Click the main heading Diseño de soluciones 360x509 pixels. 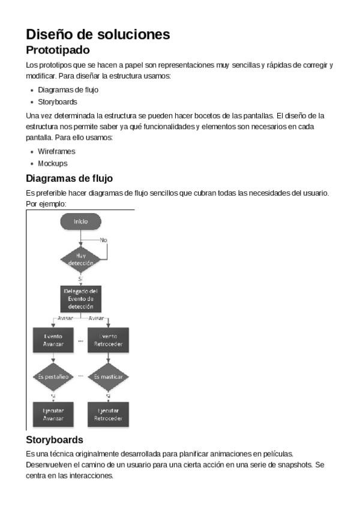pyautogui.click(x=98, y=34)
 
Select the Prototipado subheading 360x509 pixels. pyautogui.click(x=58, y=50)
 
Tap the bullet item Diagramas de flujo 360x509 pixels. pyautogui.click(x=68, y=90)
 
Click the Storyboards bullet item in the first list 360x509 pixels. pyautogui.click(x=58, y=102)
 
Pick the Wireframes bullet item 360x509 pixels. pyautogui.click(x=56, y=151)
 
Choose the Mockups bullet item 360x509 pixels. pyautogui.click(x=52, y=163)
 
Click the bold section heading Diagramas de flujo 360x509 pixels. pyautogui.click(x=69, y=179)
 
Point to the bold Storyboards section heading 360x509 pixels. pyautogui.click(x=55, y=440)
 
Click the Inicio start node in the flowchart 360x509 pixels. pyautogui.click(x=80, y=221)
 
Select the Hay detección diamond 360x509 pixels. pyautogui.click(x=80, y=259)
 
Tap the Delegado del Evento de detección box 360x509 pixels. pyautogui.click(x=80, y=298)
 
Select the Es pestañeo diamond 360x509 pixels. pyautogui.click(x=53, y=377)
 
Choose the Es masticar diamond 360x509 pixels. pyautogui.click(x=108, y=377)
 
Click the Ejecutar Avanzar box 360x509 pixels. pyautogui.click(x=53, y=414)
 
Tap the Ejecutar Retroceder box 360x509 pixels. pyautogui.click(x=108, y=414)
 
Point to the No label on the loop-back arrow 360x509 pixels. pyautogui.click(x=103, y=240)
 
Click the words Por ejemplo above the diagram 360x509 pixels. pyautogui.click(x=46, y=204)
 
